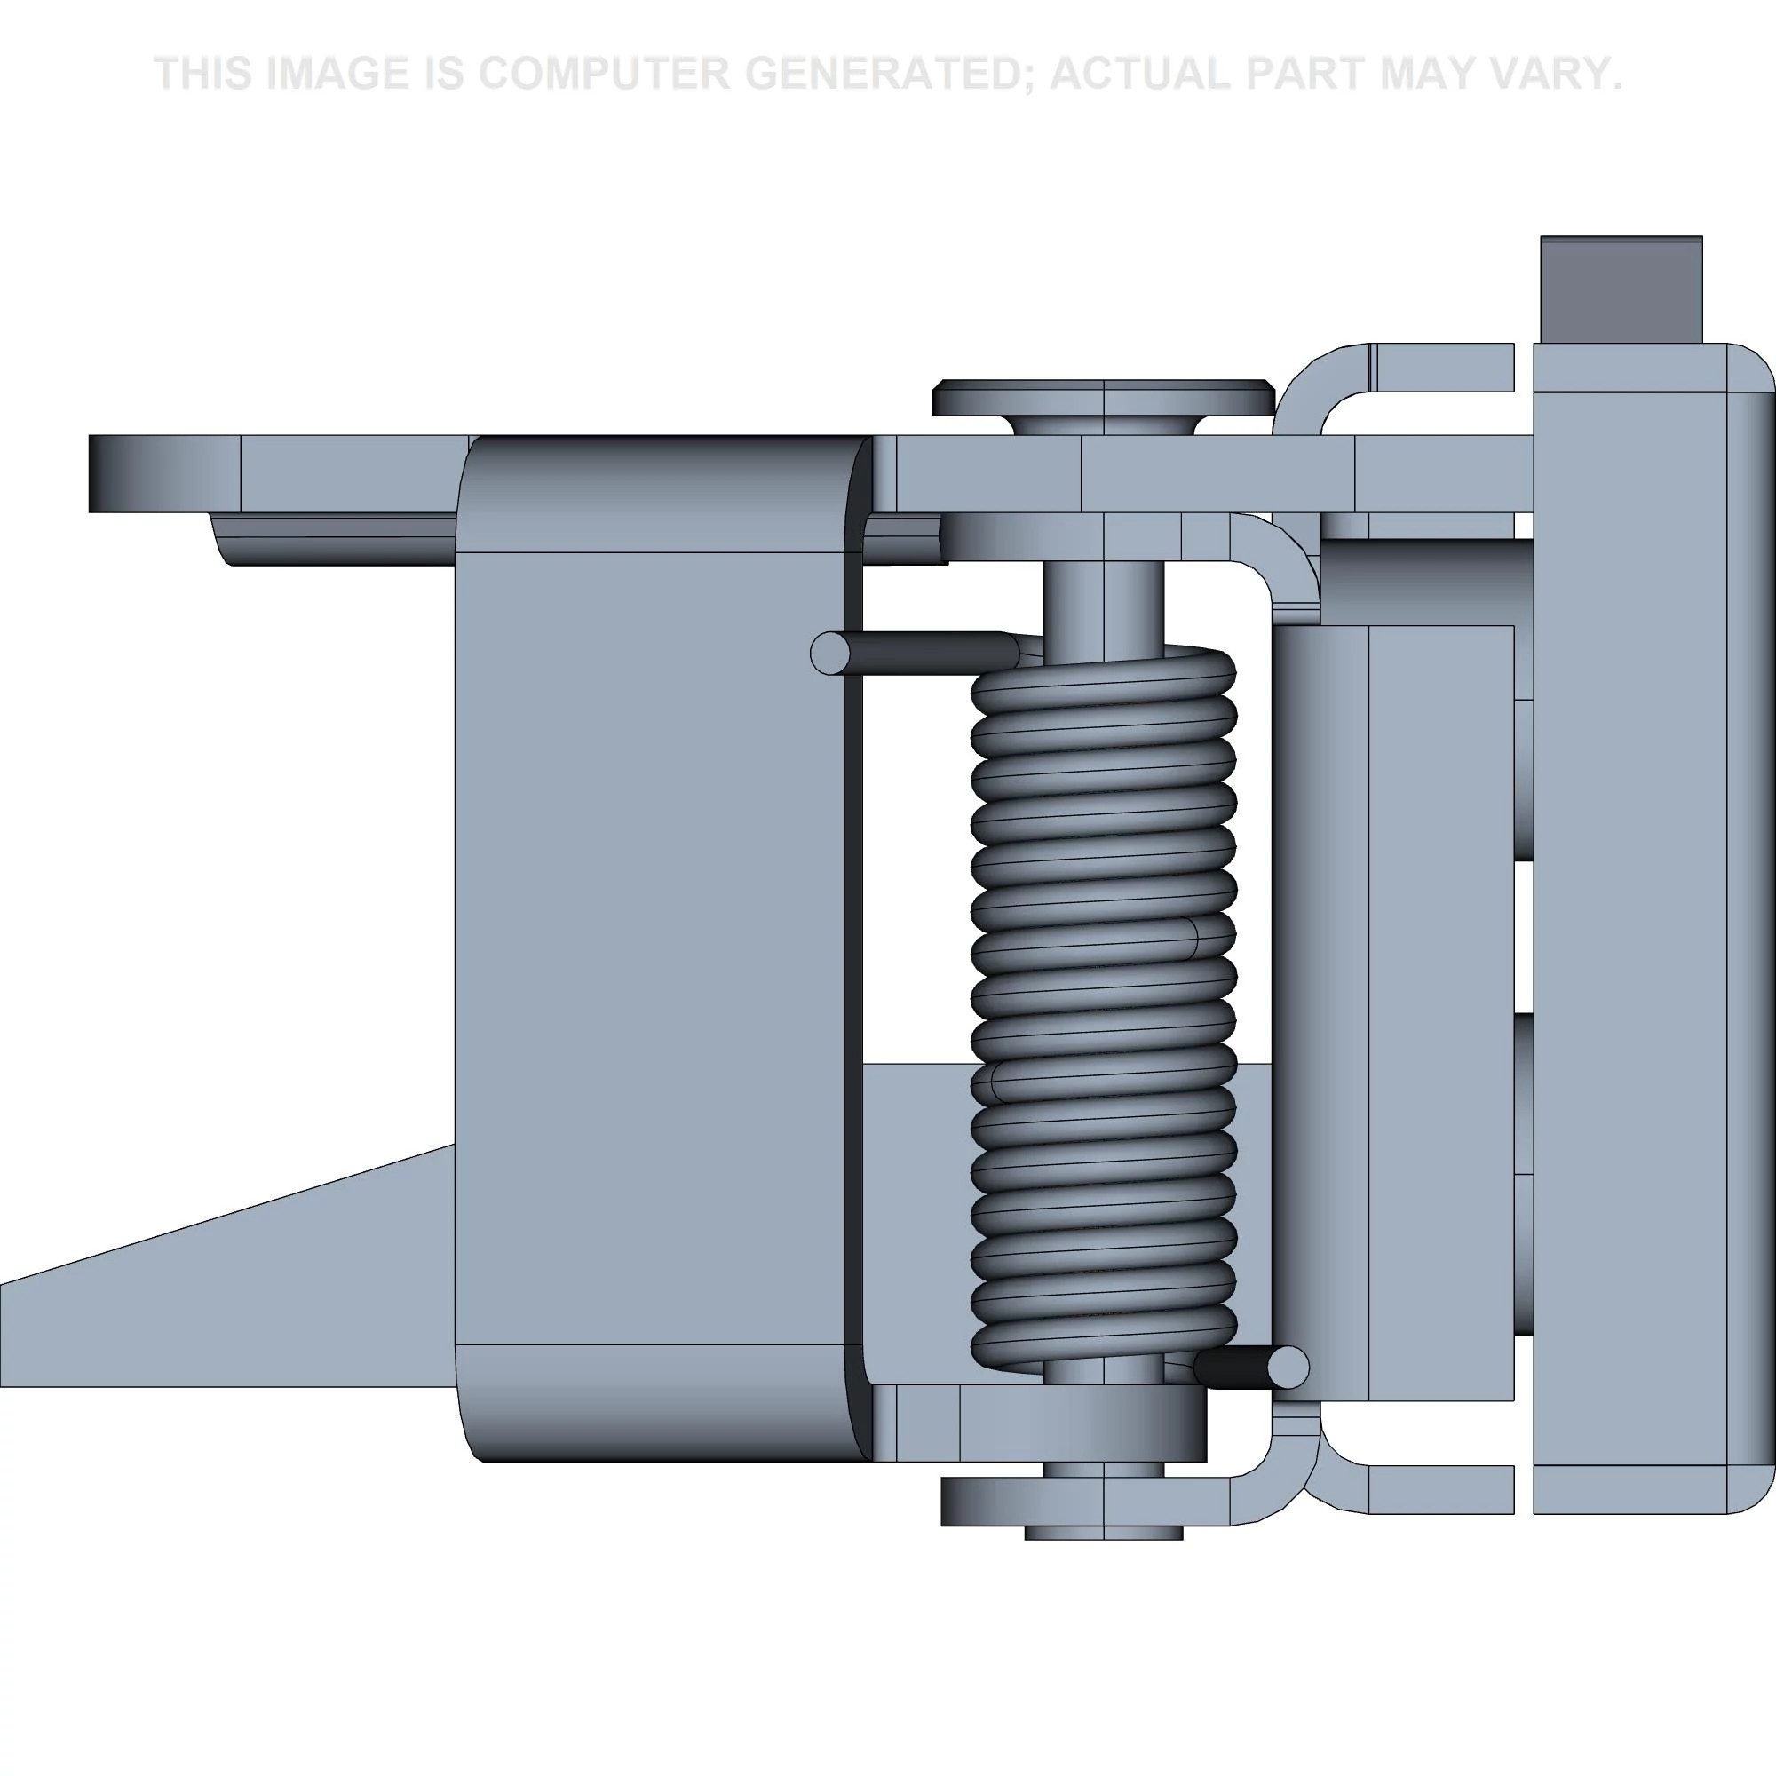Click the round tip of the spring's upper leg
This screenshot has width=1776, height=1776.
830,654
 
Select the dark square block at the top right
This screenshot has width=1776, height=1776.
1621,290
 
